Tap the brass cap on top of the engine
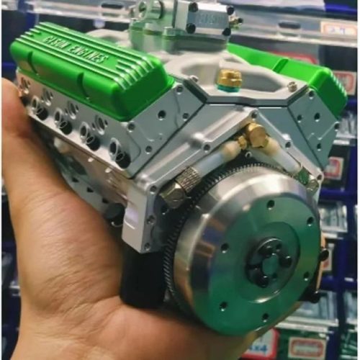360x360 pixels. pyautogui.click(x=230, y=78)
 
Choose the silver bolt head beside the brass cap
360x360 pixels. pyautogui.click(x=291, y=86)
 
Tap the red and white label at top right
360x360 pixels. pyautogui.click(x=338, y=29)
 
